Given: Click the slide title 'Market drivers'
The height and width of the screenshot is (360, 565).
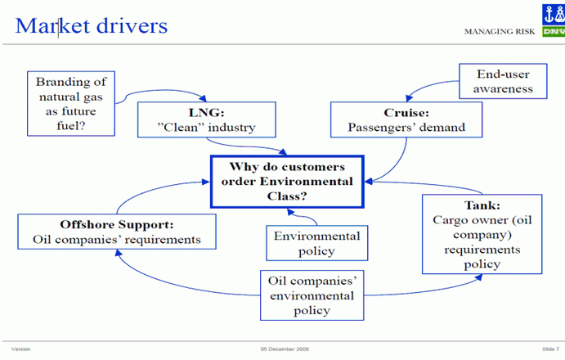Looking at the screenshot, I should click(92, 25).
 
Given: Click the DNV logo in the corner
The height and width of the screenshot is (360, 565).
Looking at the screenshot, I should click(553, 20).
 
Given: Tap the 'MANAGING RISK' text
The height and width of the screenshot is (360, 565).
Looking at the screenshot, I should click(499, 32).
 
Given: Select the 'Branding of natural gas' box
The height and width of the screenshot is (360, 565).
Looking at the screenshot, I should click(70, 102).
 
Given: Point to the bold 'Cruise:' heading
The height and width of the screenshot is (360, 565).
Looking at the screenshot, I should click(406, 112).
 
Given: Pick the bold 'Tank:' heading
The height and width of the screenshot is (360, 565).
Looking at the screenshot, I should click(481, 205).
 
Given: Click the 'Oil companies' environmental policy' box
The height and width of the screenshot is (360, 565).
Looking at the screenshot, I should click(311, 295).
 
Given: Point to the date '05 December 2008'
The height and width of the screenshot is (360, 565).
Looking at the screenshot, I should click(284, 349).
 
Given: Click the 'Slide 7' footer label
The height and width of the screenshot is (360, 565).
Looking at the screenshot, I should click(549, 349).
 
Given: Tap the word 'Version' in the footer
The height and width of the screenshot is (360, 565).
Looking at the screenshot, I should click(21, 349).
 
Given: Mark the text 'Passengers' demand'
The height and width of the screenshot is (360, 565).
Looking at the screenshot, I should click(406, 127).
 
